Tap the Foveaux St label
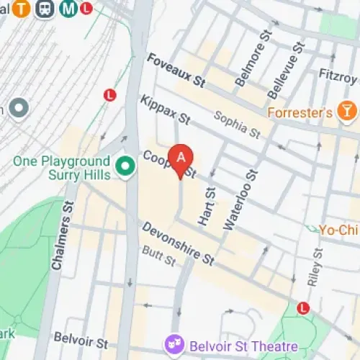pyautogui.click(x=176, y=70)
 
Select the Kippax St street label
pyautogui.click(x=166, y=108)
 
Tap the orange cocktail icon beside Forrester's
pyautogui.click(x=348, y=111)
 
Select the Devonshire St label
pyautogui.click(x=179, y=242)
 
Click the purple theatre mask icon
pyautogui.click(x=174, y=344)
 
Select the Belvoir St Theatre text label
pyautogui.click(x=233, y=345)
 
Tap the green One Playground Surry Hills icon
pyautogui.click(x=127, y=168)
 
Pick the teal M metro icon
pyautogui.click(x=69, y=9)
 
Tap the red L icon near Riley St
pyautogui.click(x=303, y=307)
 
